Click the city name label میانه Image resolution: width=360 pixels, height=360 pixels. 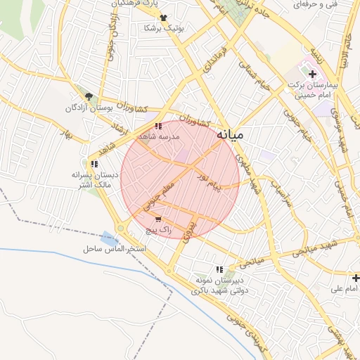click(230, 134)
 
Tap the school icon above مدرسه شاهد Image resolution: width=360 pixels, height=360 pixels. click(157, 127)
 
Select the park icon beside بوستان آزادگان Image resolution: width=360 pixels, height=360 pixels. click(89, 97)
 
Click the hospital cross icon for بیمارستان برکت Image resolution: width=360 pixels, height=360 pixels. click(313, 74)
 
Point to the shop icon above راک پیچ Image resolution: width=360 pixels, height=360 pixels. click(167, 219)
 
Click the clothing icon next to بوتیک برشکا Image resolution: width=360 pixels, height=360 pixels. click(164, 18)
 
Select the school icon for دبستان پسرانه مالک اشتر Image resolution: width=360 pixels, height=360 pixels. click(94, 164)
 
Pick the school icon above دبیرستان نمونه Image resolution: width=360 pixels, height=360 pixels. click(220, 269)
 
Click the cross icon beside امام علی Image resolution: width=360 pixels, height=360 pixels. click(356, 278)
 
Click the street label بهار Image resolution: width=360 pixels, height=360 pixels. click(67, 134)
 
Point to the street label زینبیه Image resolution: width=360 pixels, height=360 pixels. click(314, 54)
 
